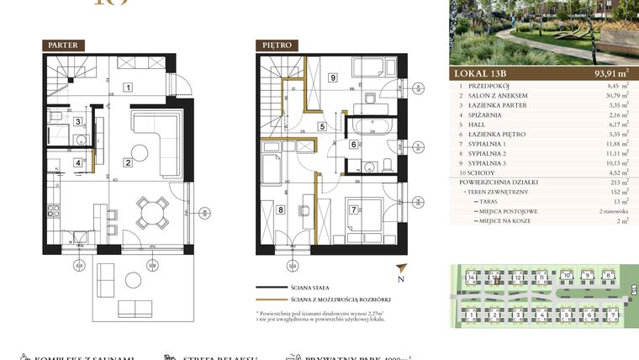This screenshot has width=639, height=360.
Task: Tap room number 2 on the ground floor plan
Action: [x=128, y=162]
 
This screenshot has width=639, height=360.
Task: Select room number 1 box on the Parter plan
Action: [x=128, y=87]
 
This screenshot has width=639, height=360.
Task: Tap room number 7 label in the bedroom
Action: [x=354, y=209]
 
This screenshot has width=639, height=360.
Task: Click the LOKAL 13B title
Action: [x=482, y=74]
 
